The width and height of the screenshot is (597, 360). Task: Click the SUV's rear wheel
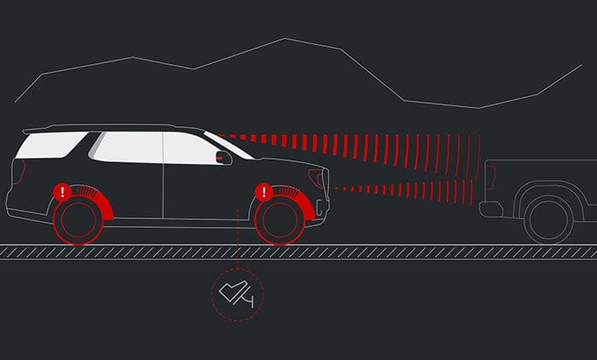(78, 218)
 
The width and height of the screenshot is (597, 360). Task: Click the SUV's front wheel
(279, 218)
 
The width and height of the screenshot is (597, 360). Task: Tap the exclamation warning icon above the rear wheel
(61, 192)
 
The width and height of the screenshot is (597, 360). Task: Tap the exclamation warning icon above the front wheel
(264, 192)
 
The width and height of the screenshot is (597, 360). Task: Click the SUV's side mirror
(224, 157)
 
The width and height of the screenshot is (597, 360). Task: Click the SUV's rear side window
(49, 145)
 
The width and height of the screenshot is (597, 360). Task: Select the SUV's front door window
(189, 148)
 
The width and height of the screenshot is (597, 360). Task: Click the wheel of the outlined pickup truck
(548, 218)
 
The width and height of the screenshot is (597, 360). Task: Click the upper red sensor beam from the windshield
(358, 145)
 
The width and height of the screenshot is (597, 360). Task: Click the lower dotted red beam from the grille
(401, 188)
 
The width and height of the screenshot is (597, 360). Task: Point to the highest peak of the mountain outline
(286, 38)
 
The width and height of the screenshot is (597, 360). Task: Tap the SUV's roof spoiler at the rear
(34, 131)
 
